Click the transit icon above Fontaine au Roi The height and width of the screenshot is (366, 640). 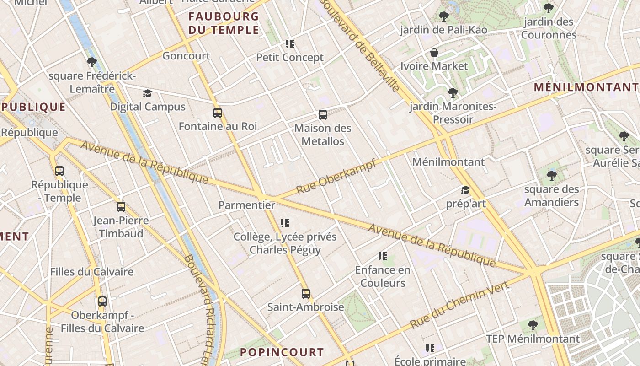218,113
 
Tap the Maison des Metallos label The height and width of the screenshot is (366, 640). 323,135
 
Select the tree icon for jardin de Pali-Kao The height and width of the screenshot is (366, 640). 443,17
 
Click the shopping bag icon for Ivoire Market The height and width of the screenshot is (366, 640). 434,53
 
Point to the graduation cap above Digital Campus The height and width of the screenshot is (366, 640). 147,94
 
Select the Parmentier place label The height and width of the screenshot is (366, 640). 247,205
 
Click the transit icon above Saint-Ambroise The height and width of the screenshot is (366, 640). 306,294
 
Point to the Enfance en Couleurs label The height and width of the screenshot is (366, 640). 383,276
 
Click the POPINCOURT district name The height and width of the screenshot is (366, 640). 282,352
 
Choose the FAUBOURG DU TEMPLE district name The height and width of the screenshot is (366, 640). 224,23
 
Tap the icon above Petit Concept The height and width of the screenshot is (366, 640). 290,44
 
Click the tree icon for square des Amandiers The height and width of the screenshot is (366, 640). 552,175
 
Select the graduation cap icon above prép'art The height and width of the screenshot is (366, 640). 465,190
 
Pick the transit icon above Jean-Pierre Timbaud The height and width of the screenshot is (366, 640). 121,207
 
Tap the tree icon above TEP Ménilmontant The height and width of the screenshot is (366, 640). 533,325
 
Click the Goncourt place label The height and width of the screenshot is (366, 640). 187,56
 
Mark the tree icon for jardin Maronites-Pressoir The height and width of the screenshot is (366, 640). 453,93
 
